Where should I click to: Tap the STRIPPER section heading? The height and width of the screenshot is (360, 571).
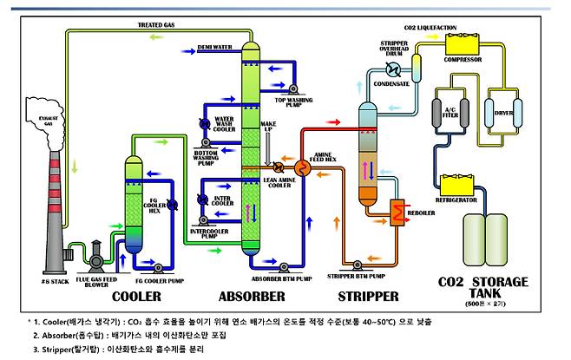(370, 296)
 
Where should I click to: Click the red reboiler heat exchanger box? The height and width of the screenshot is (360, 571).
(400, 211)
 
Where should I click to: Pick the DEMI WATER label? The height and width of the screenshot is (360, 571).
(213, 46)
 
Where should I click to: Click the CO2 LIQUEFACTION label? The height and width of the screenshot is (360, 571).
(442, 27)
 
